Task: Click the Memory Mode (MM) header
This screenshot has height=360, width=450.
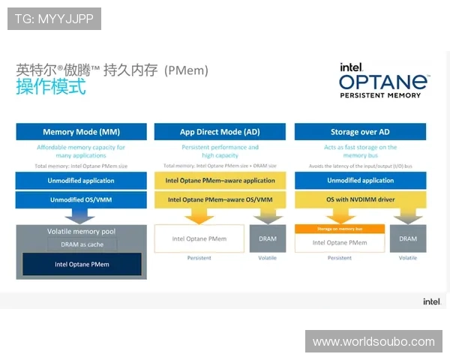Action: [82, 132]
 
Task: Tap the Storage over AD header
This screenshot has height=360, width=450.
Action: [360, 132]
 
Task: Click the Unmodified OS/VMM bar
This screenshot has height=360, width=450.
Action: [82, 200]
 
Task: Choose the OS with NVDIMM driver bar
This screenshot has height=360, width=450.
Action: [360, 200]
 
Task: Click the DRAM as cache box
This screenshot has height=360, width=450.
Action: [82, 244]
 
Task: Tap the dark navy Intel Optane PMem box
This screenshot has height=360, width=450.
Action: [82, 265]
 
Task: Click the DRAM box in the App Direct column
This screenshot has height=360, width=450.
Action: [268, 239]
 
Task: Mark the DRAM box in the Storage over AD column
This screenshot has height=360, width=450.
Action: [408, 239]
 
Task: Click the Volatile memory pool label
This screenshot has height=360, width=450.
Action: [80, 232]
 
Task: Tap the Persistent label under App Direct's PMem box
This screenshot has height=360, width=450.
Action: [199, 258]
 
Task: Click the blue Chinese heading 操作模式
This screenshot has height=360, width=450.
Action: [51, 86]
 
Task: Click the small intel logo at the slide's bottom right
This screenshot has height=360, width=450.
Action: [431, 301]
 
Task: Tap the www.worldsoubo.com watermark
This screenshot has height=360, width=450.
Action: [373, 342]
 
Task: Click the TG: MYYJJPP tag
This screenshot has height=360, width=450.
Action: [54, 19]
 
